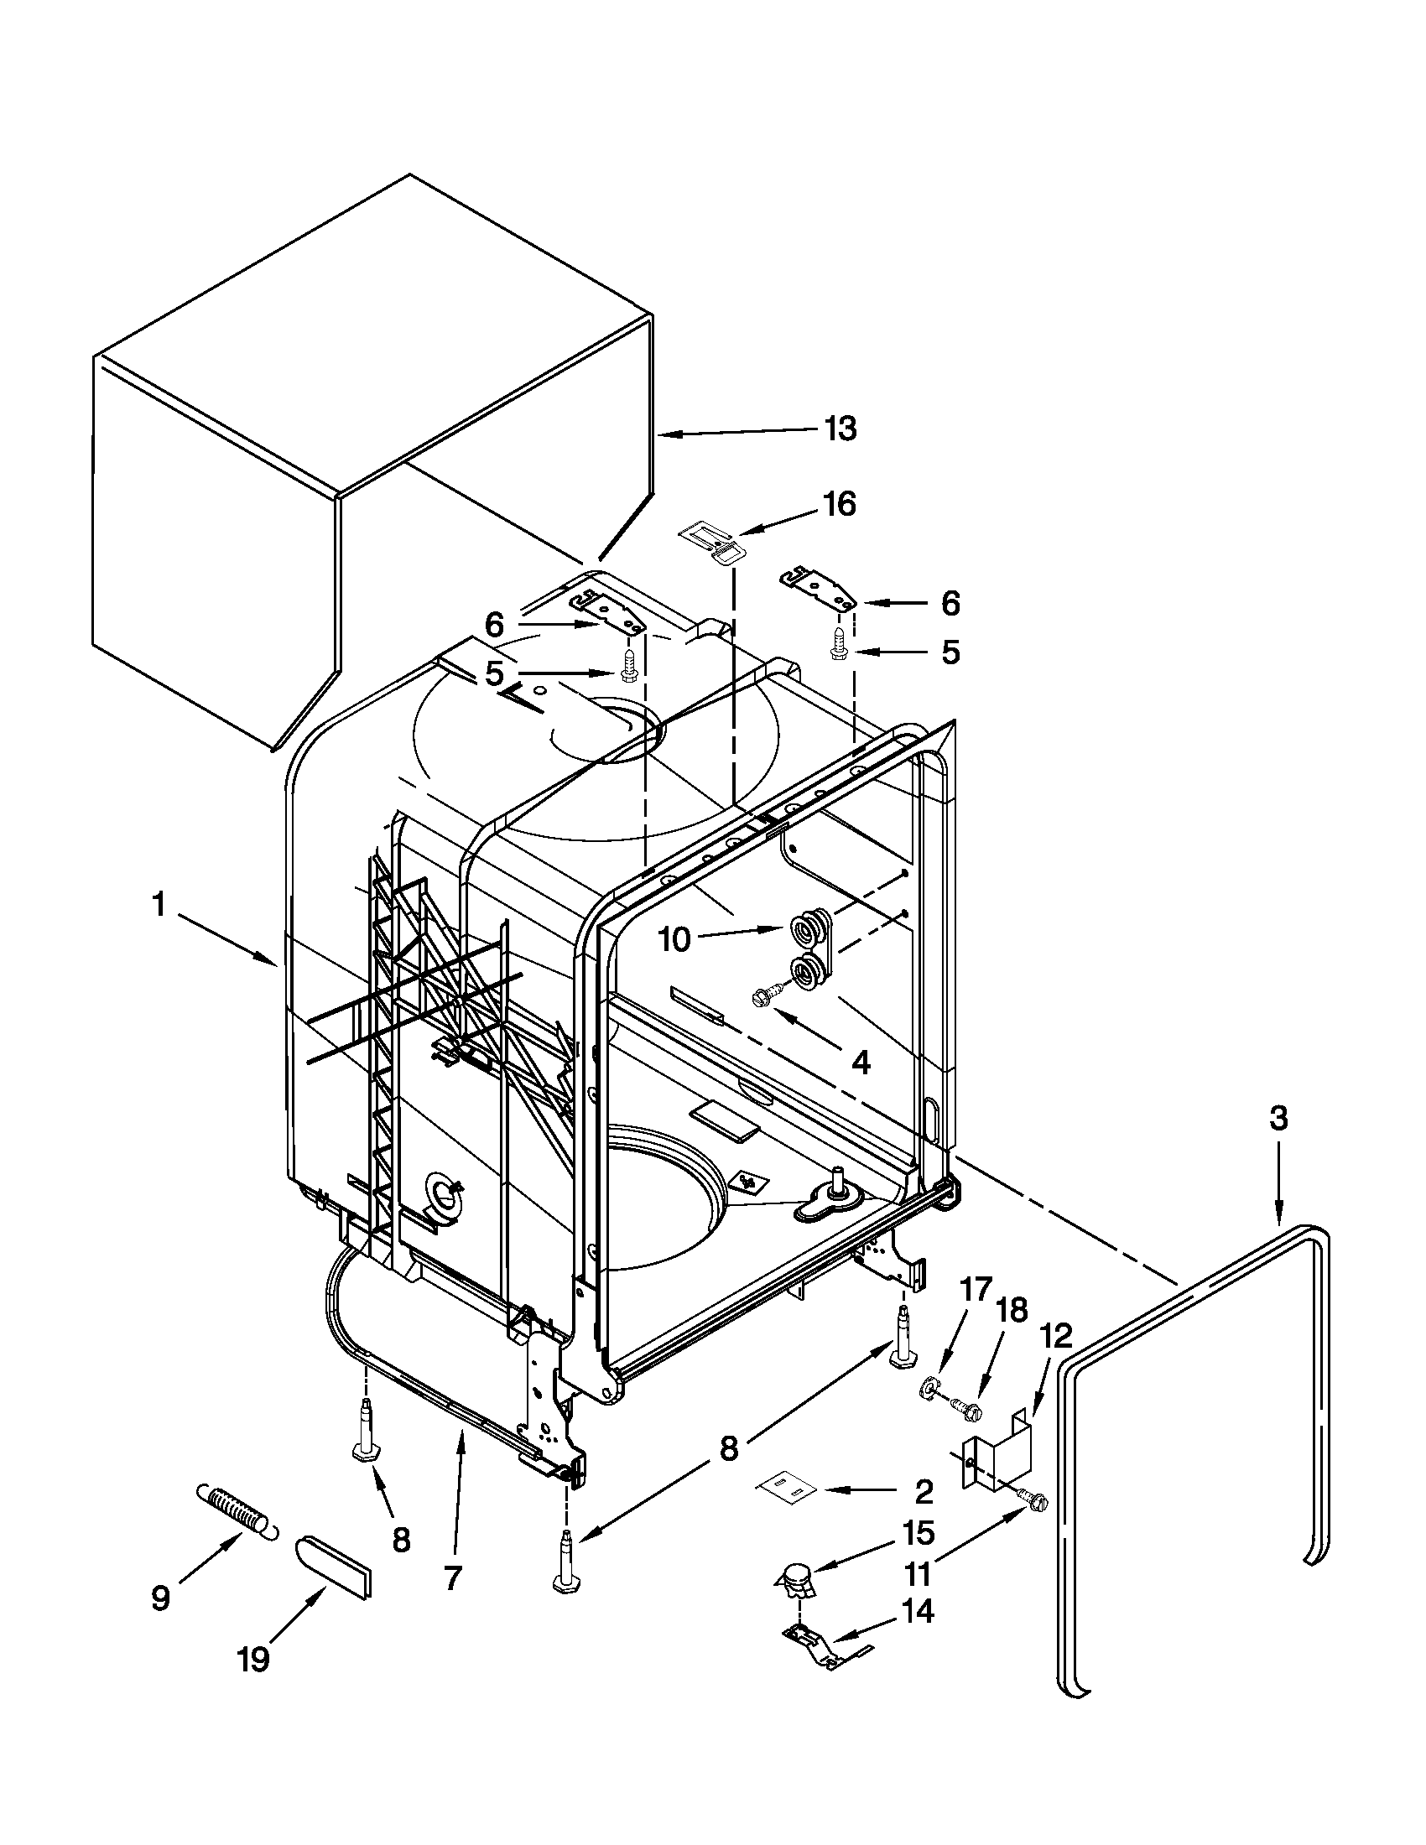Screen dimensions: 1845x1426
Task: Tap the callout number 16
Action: (x=840, y=504)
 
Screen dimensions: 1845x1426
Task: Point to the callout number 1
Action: (x=157, y=906)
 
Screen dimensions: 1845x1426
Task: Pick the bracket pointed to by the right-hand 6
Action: (x=815, y=590)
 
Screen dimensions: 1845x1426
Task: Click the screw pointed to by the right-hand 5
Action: (x=839, y=651)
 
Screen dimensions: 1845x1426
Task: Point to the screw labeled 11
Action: (x=1034, y=1498)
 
